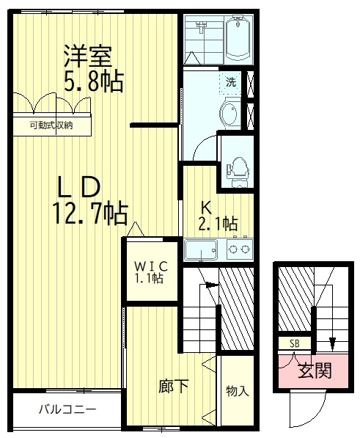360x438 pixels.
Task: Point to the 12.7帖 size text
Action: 89,213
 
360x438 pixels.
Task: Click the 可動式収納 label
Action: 51,125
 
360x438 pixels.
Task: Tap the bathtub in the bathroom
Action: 238,39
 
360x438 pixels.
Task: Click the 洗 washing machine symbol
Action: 231,82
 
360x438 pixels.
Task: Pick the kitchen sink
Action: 203,250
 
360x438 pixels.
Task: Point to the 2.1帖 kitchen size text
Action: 218,222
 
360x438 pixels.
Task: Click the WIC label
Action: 151,265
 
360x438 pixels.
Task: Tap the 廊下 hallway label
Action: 172,386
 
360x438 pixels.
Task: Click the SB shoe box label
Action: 294,343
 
